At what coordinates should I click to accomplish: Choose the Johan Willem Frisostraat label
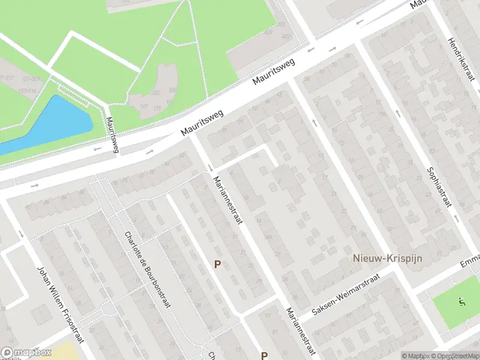(x=59, y=312)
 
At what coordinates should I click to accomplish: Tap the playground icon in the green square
(x=461, y=302)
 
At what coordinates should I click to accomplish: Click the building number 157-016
(x=8, y=90)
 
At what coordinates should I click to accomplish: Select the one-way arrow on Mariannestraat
(x=211, y=167)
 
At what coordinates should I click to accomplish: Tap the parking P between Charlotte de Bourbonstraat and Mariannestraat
(x=218, y=264)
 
